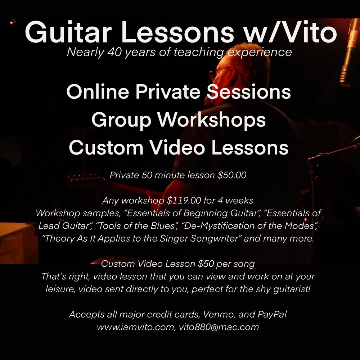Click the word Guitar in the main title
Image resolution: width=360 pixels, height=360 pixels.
pyautogui.click(x=68, y=32)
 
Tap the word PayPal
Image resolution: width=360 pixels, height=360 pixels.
pyautogui.click(x=272, y=314)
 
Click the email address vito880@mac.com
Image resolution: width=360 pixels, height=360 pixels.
pyautogui.click(x=219, y=327)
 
